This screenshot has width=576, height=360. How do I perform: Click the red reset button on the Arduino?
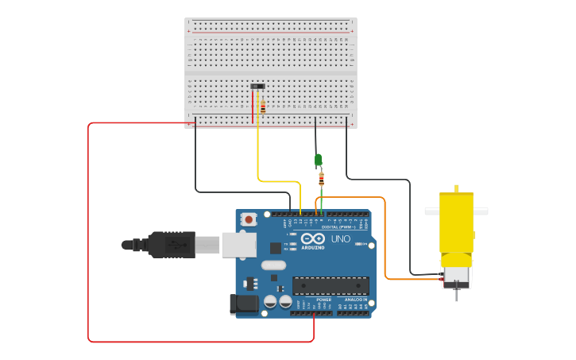click(x=249, y=219)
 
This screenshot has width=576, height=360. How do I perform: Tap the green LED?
click(x=319, y=161)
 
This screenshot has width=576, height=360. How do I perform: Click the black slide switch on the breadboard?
click(x=257, y=86)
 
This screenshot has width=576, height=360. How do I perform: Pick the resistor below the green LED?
click(x=321, y=180)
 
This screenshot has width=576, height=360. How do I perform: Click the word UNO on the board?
click(x=340, y=238)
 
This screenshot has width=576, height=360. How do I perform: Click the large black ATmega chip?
click(x=331, y=285)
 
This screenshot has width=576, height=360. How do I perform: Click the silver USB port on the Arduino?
click(x=238, y=244)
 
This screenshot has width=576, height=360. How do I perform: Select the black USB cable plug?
click(x=171, y=245)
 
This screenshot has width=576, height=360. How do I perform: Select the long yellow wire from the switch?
click(x=257, y=151)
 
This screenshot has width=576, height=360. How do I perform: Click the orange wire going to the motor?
click(x=385, y=238)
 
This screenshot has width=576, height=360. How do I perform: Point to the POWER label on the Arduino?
click(x=312, y=300)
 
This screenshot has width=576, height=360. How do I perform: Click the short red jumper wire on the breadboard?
click(x=253, y=107)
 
